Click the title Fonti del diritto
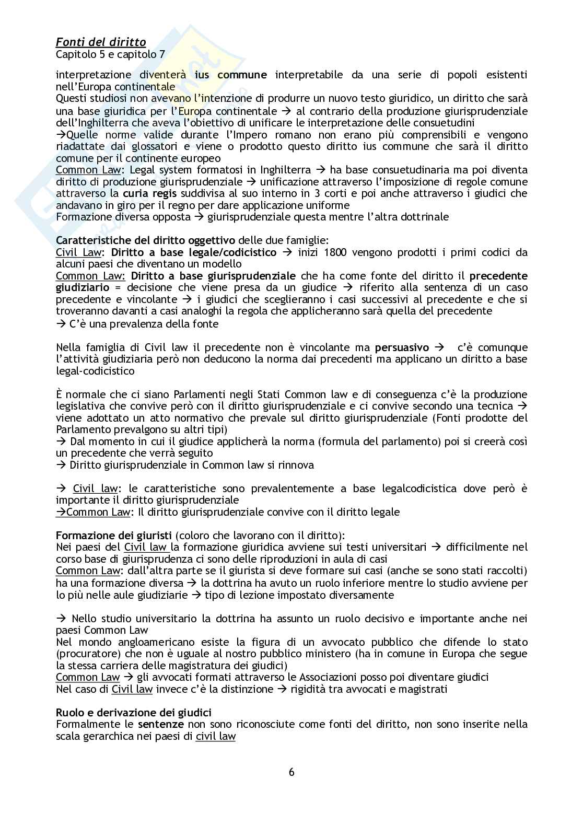point(101,42)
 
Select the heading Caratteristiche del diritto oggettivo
point(146,240)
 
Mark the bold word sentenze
point(161,725)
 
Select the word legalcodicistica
point(431,489)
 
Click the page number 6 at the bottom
point(291,772)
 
